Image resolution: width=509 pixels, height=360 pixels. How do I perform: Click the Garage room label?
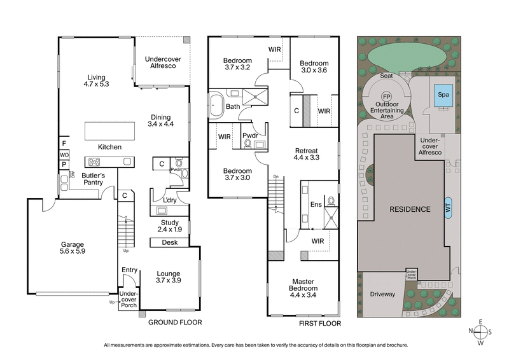point(73,247)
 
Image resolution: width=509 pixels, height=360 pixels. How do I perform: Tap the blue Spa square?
point(443,97)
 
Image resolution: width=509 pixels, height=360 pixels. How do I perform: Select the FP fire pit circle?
point(386,97)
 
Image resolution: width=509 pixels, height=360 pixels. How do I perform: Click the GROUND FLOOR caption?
point(175,322)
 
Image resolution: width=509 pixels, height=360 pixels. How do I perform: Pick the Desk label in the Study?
point(169,242)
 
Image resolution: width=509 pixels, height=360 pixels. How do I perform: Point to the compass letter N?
point(471,331)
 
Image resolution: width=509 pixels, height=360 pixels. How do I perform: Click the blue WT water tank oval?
point(449,209)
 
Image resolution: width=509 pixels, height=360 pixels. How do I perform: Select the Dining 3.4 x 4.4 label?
point(162,120)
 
